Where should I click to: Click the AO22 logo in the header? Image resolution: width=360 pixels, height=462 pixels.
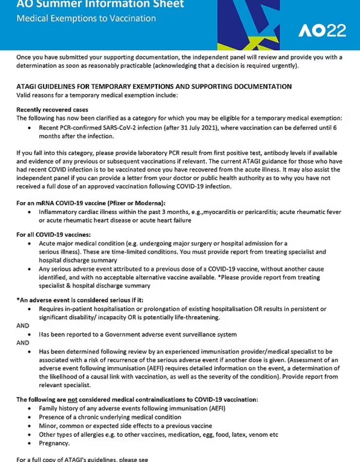pos(322,31)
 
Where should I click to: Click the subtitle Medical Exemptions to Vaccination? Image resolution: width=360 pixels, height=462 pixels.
pos(86,19)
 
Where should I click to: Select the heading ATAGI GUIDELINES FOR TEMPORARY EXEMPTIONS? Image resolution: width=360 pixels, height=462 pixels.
pos(154,87)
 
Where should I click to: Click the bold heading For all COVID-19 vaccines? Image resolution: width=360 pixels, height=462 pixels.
pos(50,234)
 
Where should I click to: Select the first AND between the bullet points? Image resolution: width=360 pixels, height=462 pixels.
pos(23,326)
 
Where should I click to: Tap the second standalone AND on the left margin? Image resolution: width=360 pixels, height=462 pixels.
pos(23,343)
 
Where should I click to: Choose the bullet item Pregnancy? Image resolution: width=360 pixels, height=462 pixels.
pos(55,443)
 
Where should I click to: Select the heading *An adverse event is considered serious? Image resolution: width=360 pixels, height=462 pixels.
pos(80,300)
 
